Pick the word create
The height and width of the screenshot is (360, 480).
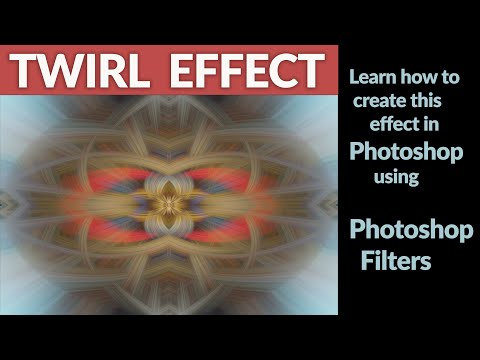(x=381, y=102)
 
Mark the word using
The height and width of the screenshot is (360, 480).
(x=396, y=177)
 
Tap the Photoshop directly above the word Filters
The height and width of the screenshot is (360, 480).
(x=410, y=229)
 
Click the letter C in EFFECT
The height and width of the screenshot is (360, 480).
(x=281, y=71)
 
